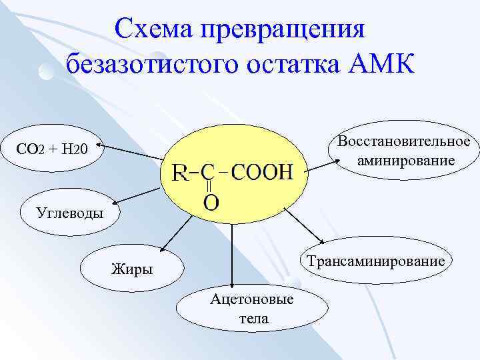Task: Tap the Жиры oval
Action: click(131, 269)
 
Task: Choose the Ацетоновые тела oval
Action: click(252, 308)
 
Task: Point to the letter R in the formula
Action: click(179, 175)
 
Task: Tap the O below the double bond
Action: click(210, 202)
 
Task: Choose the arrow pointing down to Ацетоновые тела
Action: click(232, 257)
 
